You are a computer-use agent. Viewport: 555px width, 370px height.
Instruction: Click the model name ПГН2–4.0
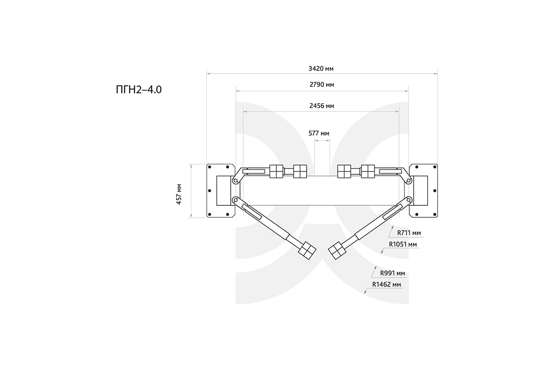[139, 90]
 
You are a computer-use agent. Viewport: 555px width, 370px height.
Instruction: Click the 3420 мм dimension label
[321, 68]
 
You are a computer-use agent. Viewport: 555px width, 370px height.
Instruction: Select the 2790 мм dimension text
[322, 85]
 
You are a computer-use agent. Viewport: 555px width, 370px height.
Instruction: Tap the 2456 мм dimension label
[321, 106]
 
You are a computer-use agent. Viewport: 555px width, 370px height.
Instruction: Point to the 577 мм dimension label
[319, 133]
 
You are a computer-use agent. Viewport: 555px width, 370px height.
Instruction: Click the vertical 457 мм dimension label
[179, 194]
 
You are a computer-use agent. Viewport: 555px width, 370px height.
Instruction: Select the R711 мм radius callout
[409, 233]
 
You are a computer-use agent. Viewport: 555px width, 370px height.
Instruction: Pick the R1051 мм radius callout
[403, 244]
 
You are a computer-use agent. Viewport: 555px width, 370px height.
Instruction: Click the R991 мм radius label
[393, 273]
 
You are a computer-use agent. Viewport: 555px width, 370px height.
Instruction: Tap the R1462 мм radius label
[386, 284]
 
